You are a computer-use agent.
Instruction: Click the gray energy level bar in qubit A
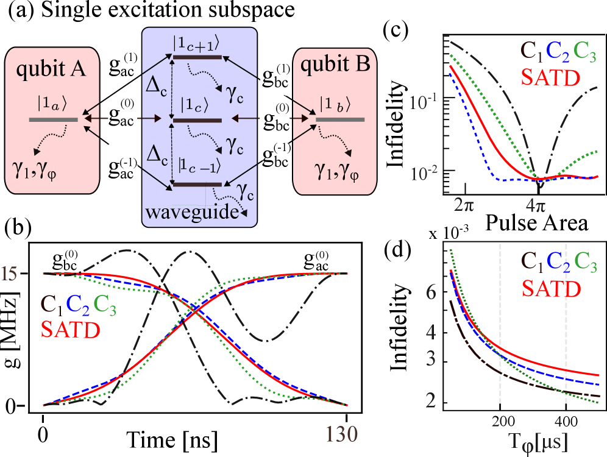pyautogui.click(x=53, y=119)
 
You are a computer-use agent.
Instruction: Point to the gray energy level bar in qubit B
pyautogui.click(x=339, y=119)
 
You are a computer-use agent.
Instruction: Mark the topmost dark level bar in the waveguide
pyautogui.click(x=197, y=57)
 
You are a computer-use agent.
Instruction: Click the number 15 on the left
pyautogui.click(x=9, y=274)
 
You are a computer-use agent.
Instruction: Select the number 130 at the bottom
pyautogui.click(x=339, y=433)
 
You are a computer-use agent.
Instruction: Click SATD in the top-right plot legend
pyautogui.click(x=551, y=78)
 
